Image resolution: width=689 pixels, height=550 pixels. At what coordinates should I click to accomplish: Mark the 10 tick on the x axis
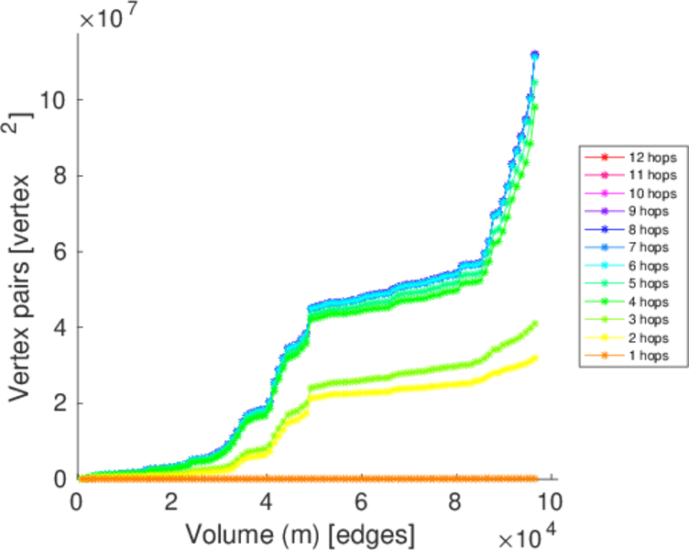[x=548, y=501]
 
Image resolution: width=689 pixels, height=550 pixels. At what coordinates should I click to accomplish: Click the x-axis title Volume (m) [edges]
[x=301, y=532]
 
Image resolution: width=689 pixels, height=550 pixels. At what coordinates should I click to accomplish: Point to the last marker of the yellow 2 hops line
[x=534, y=357]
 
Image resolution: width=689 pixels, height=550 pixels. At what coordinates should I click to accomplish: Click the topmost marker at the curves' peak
[x=534, y=55]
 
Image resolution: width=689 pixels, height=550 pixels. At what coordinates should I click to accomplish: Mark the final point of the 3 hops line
[x=534, y=324]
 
